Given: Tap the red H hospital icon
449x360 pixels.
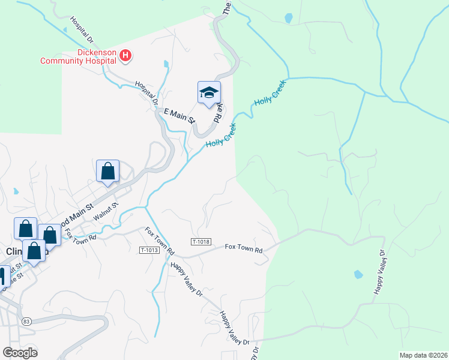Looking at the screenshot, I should [x=125, y=56].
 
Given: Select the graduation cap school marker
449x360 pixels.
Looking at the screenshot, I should [x=209, y=93].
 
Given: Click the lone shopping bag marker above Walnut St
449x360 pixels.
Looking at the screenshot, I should [x=107, y=171].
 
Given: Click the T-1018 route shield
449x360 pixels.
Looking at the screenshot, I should [x=202, y=241].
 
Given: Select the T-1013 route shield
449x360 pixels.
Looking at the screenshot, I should [x=149, y=250].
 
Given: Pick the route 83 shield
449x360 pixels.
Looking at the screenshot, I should [x=26, y=322].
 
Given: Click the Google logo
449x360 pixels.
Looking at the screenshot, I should [x=20, y=352].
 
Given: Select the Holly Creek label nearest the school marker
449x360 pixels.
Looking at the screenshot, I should [x=221, y=136].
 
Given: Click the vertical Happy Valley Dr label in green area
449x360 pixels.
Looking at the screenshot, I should [x=380, y=273].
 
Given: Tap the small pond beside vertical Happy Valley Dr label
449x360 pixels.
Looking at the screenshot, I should [x=358, y=275].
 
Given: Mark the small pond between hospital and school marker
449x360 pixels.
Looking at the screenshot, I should [x=165, y=63].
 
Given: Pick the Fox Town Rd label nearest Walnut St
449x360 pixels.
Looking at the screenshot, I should [x=80, y=233].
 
